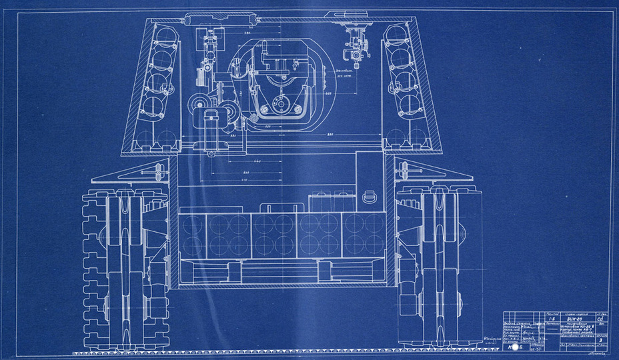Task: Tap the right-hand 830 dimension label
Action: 332,137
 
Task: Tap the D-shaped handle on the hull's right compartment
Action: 371,197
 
